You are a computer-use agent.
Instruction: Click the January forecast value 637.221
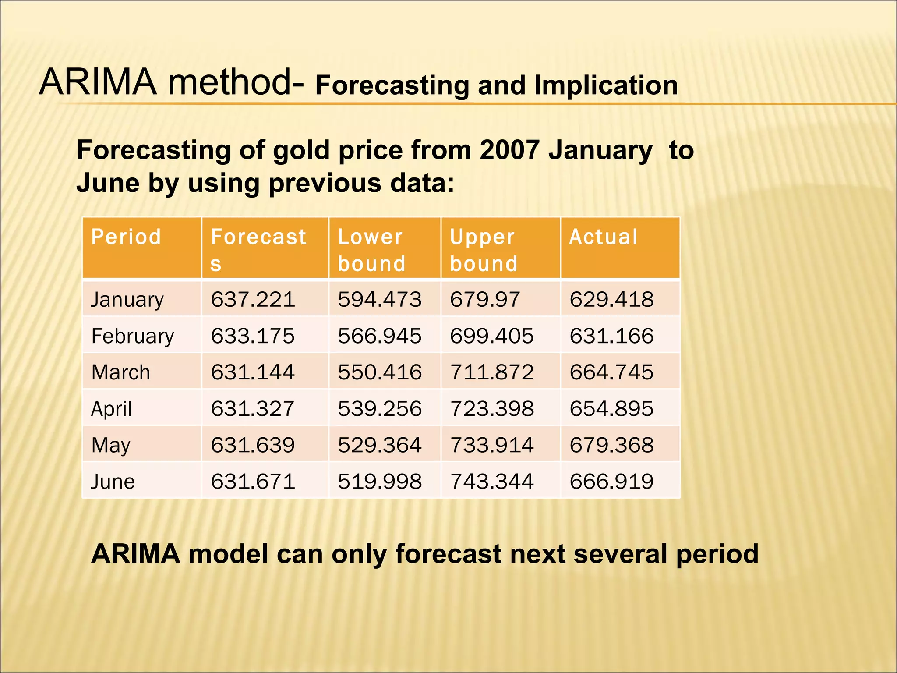pos(253,300)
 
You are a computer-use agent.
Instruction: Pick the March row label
pos(121,372)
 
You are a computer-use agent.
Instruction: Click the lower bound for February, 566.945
pos(379,336)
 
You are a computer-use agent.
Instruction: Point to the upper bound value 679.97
pos(484,300)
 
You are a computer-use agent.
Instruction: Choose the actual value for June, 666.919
pos(611,482)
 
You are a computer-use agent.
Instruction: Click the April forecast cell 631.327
pos(253,409)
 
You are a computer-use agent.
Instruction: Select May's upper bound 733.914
pos(491,445)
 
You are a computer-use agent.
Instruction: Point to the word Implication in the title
pos(606,85)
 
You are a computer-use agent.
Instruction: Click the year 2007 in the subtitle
pos(509,150)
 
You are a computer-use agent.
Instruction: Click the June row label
pos(113,482)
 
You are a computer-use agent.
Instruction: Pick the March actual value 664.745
pos(611,372)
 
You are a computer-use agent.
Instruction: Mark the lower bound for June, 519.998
pos(379,482)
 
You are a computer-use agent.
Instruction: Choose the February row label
pos(133,336)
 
